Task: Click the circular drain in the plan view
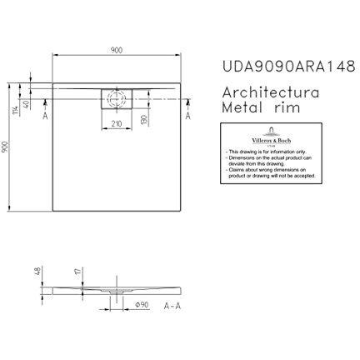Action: (116, 97)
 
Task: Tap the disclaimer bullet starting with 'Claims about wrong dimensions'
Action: (266, 170)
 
